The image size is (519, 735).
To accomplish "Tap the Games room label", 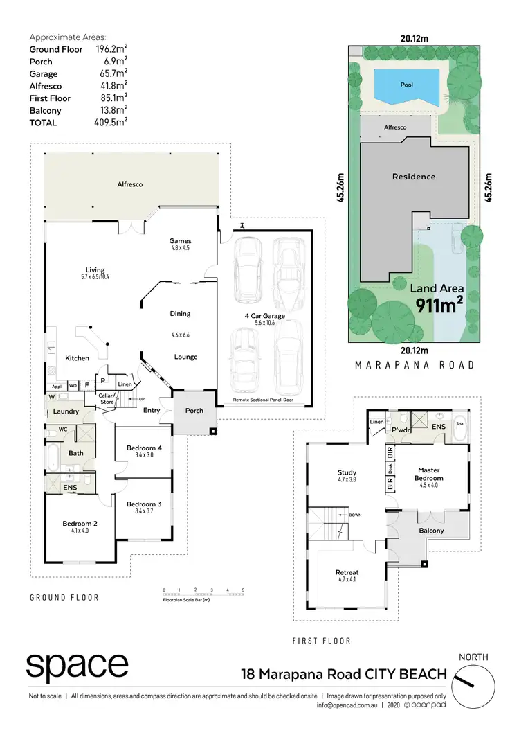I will [x=180, y=241].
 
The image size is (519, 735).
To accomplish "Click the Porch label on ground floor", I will [x=194, y=411].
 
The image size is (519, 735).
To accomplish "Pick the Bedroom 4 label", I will [x=144, y=448].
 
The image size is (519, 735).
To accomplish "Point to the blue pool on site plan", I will [x=407, y=85].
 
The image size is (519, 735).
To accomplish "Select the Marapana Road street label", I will [x=415, y=364].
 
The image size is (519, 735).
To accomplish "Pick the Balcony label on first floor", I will [x=431, y=531].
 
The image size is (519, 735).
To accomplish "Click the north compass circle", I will [x=477, y=682].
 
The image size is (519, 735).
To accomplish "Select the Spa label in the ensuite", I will [x=459, y=423].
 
